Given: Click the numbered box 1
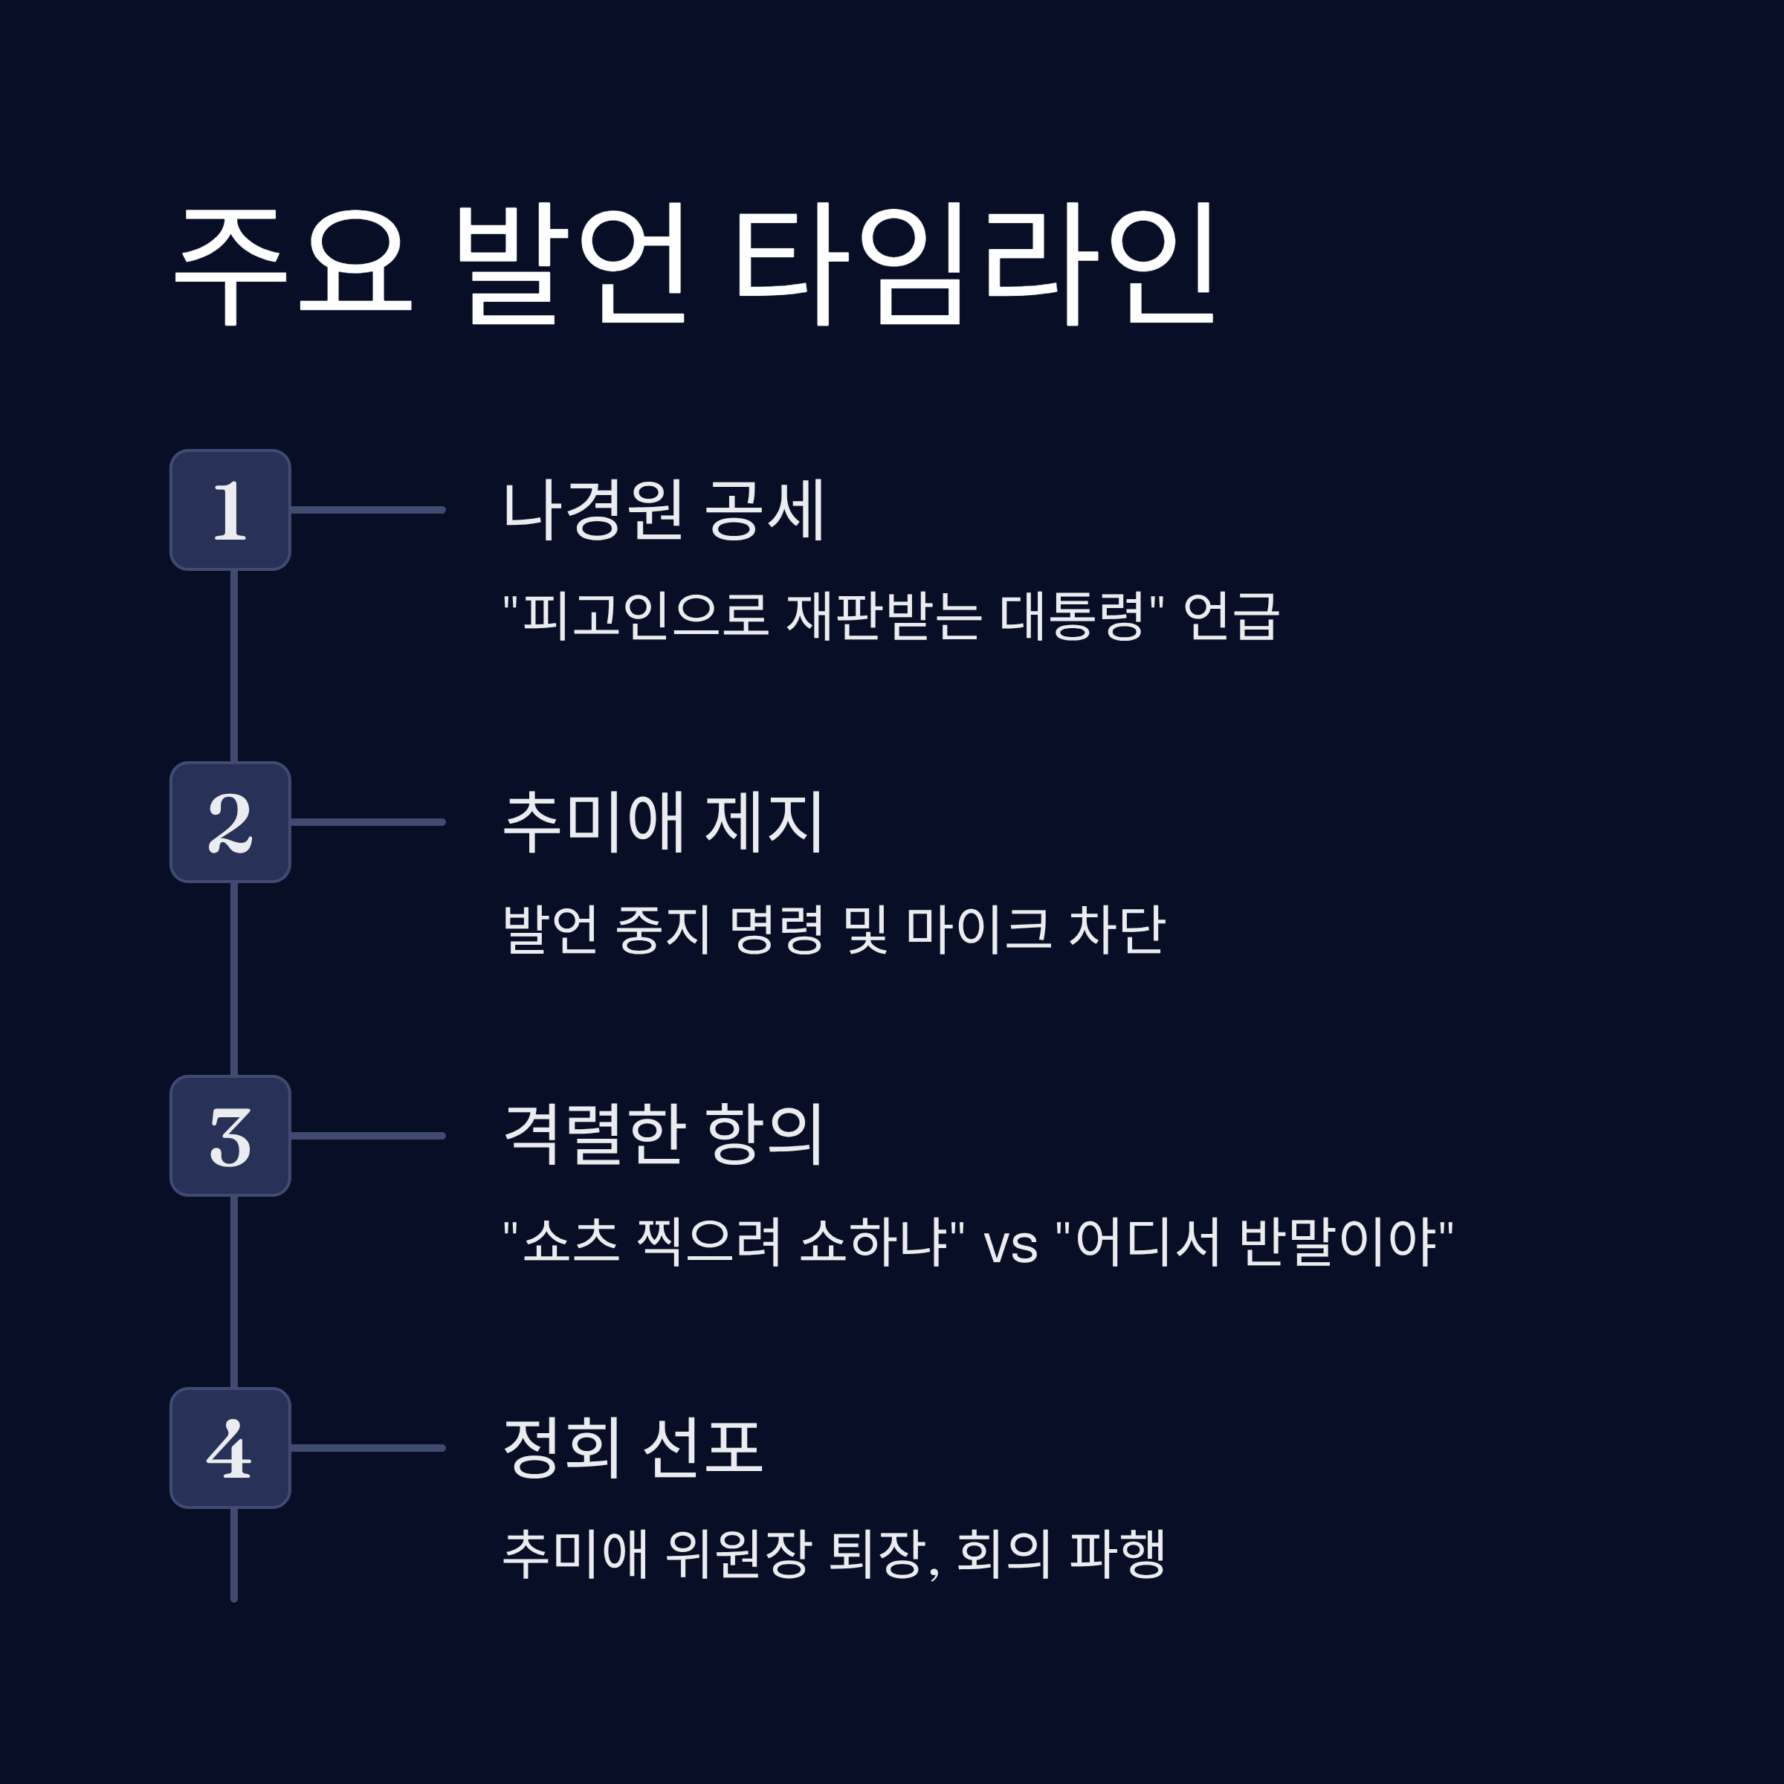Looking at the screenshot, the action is point(230,510).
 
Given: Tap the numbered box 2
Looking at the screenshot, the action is point(230,822).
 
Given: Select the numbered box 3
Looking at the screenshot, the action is point(230,1136).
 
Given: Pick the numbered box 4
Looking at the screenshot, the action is point(230,1448).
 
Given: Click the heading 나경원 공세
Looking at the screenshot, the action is point(663,510).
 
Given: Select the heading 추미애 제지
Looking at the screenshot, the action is point(663,822).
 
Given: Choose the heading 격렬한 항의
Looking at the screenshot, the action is point(663,1134).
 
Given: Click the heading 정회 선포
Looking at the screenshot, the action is point(633,1447).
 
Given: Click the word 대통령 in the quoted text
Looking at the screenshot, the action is point(1072,616).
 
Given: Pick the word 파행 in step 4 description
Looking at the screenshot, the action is point(1116,1554).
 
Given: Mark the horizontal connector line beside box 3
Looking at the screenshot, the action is point(367,1136).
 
